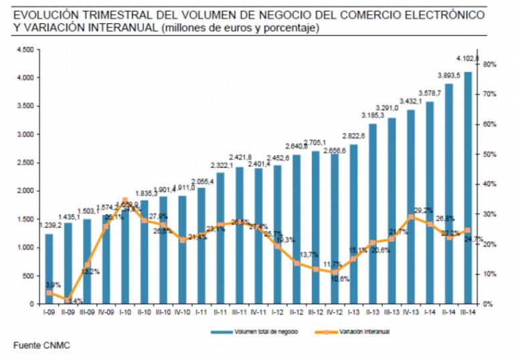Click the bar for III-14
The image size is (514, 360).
click(467, 187)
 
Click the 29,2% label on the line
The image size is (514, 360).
click(424, 209)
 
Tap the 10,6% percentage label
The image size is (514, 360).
click(339, 279)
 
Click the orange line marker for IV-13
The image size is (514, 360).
click(411, 217)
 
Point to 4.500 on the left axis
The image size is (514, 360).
click(24, 50)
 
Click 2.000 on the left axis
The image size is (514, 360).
click(24, 191)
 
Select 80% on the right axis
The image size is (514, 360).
click(489, 65)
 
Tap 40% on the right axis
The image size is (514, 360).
click(489, 185)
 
